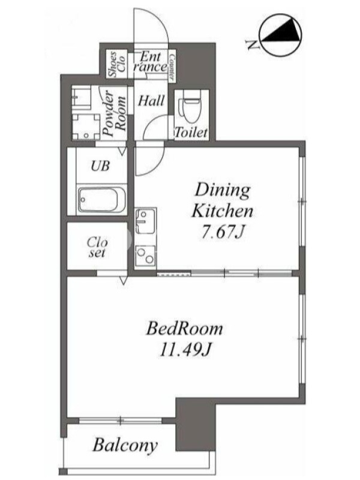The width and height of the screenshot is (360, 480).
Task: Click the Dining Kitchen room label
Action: [222, 200]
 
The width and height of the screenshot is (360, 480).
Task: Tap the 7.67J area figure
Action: [223, 233]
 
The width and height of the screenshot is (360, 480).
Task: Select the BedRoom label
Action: [185, 328]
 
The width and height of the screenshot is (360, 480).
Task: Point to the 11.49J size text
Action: [185, 350]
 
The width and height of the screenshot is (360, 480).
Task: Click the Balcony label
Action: [125, 445]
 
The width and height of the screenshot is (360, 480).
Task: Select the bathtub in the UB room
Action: [101, 200]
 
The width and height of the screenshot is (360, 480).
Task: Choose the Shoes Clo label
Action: [117, 64]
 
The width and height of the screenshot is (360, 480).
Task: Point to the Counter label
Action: [172, 67]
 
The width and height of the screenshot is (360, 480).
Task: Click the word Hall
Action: [151, 100]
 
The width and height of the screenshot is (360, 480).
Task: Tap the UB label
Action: [100, 166]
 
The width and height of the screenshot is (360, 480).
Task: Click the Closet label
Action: [97, 247]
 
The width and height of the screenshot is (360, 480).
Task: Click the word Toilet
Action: [191, 132]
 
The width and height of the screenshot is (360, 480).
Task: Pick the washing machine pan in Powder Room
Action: [86, 127]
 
